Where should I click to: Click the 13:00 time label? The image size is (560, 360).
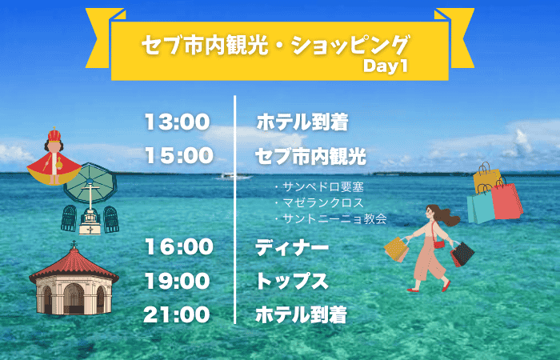[177, 122]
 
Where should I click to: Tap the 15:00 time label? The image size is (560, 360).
[177, 156]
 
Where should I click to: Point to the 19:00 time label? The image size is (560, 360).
[177, 282]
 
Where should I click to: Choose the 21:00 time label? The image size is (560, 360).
[177, 315]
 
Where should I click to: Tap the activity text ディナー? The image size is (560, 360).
[291, 248]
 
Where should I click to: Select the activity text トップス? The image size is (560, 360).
[291, 282]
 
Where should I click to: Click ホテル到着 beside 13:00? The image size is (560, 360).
[302, 122]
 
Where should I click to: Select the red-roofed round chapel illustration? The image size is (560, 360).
[74, 280]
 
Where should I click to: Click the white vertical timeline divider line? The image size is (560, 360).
[235, 208]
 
